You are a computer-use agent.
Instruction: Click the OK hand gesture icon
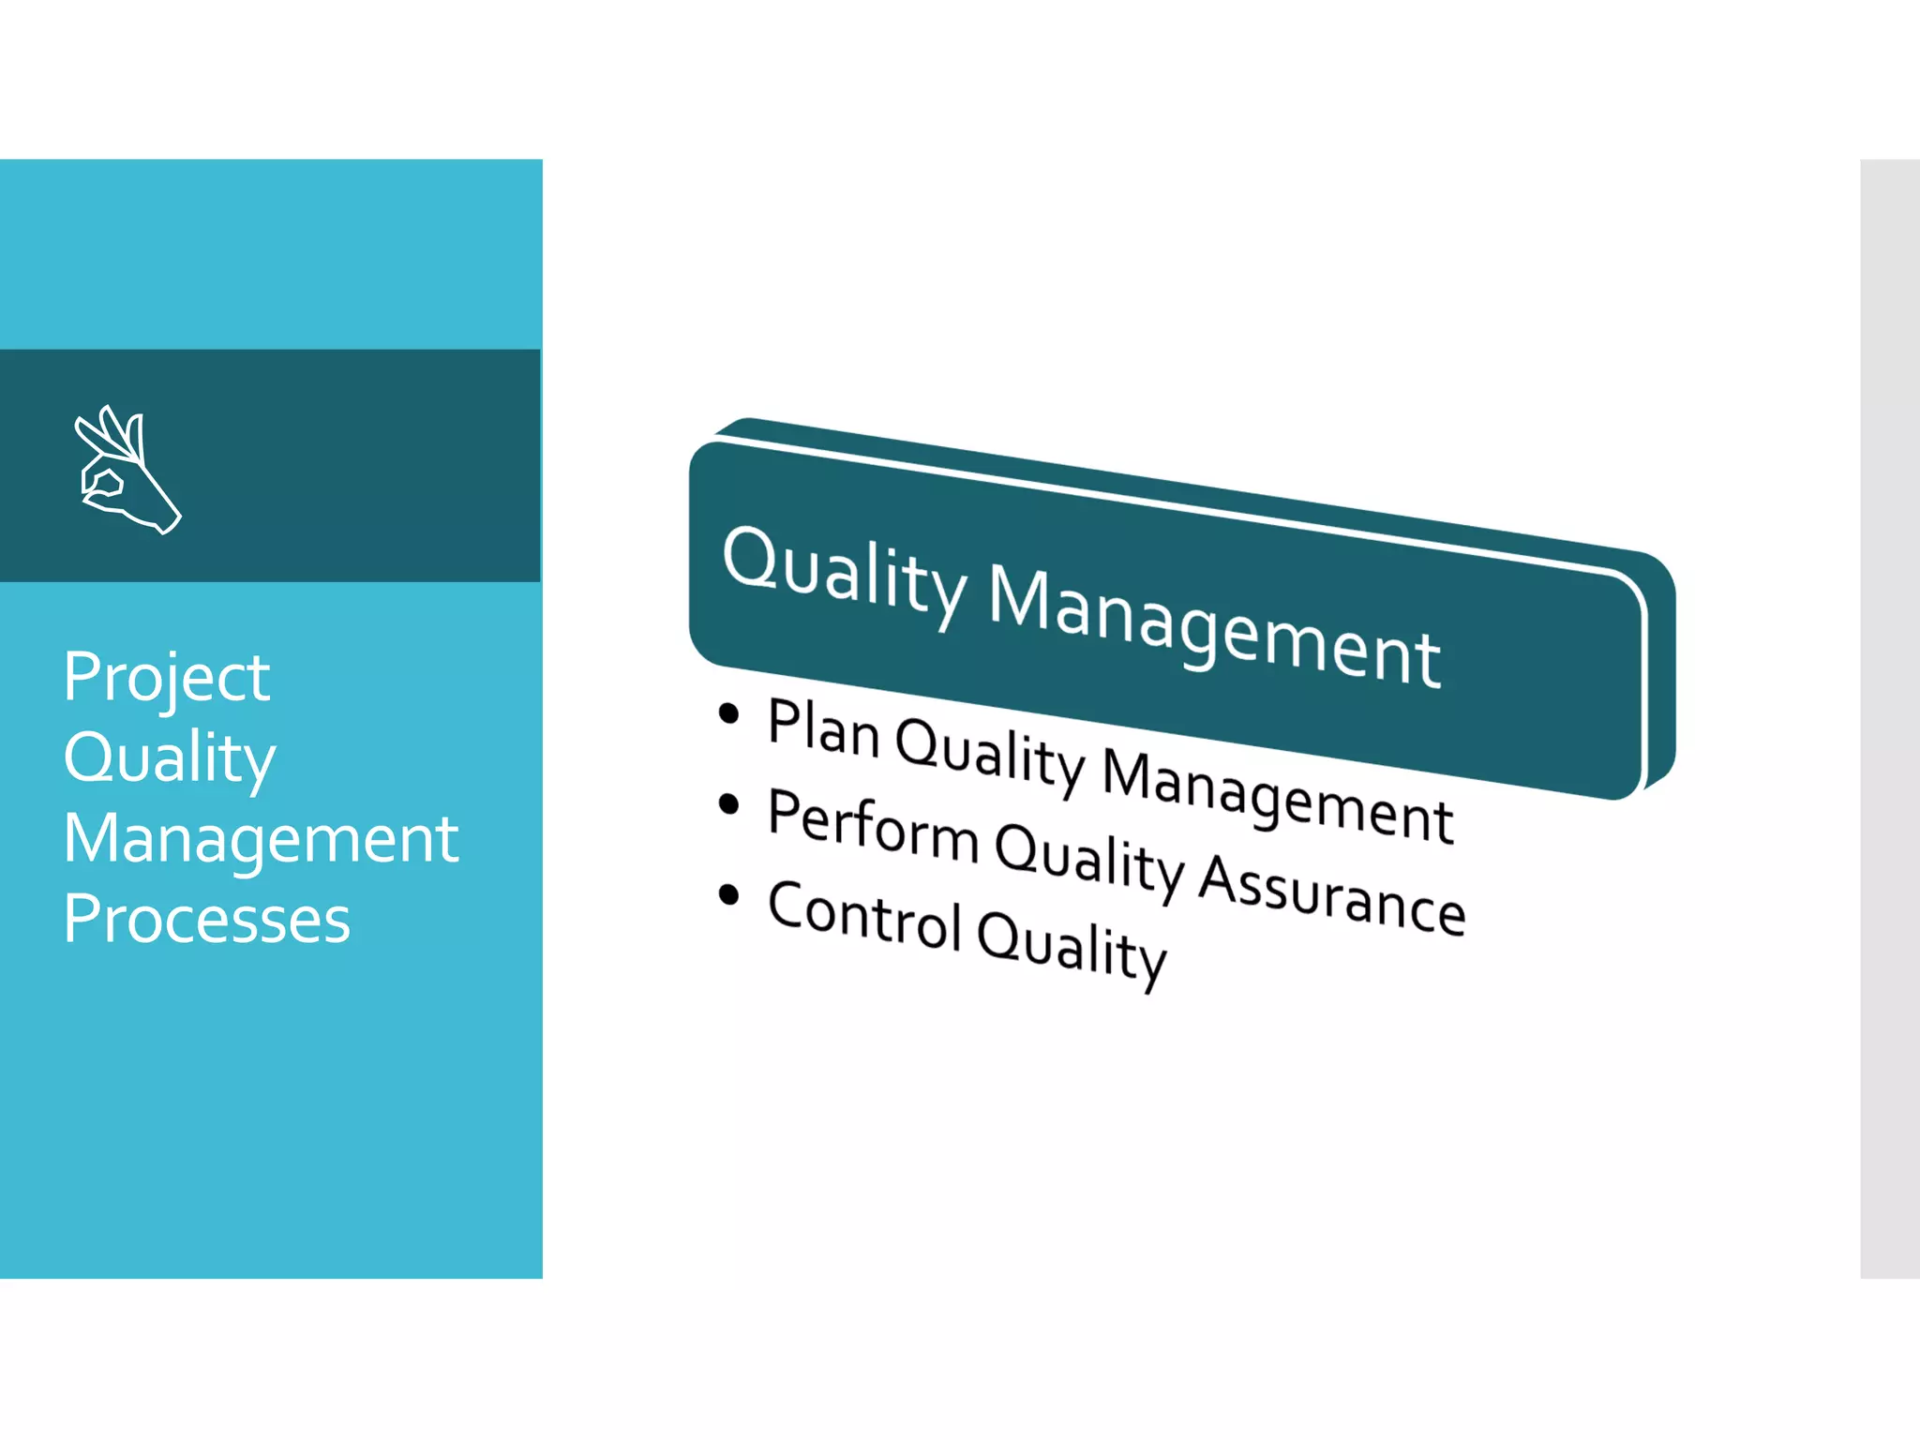pyautogui.click(x=127, y=470)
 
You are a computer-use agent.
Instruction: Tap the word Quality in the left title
pyautogui.click(x=170, y=758)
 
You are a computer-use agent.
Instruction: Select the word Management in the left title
pyautogui.click(x=261, y=839)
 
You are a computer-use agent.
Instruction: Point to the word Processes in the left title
pyautogui.click(x=207, y=919)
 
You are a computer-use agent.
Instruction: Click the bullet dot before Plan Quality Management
pyautogui.click(x=728, y=714)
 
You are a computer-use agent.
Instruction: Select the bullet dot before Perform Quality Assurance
pyautogui.click(x=728, y=804)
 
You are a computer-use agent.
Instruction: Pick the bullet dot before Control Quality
pyautogui.click(x=728, y=894)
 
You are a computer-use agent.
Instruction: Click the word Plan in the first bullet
pyautogui.click(x=823, y=727)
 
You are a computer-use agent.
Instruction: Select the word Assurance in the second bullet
pyautogui.click(x=1332, y=896)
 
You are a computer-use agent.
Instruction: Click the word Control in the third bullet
pyautogui.click(x=864, y=916)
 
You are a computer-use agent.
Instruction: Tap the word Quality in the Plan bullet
pyautogui.click(x=990, y=756)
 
